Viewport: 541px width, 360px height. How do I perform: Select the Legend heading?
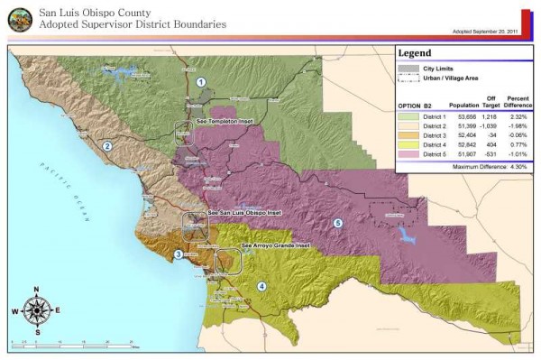tap(417, 53)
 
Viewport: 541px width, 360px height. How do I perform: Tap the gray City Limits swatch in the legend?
tap(407, 69)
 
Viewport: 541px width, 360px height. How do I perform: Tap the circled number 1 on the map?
tap(201, 82)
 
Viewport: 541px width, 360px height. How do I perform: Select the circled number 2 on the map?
tap(106, 145)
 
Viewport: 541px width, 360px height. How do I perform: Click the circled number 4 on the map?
tap(261, 286)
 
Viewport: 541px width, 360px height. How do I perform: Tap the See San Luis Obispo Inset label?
tap(243, 213)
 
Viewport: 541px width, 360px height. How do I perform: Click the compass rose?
tap(36, 309)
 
